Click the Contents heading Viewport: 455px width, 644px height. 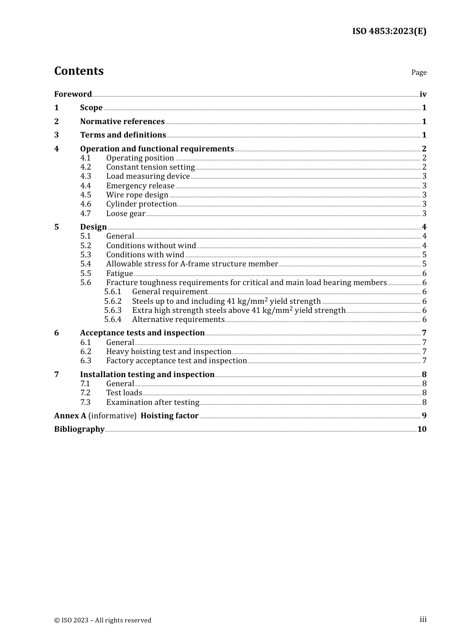pos(79,71)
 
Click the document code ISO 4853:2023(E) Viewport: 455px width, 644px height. pos(389,31)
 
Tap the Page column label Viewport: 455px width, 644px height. pos(419,72)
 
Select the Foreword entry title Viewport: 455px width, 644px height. pos(73,94)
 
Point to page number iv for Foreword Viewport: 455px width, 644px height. pos(423,94)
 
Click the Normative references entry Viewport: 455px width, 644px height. pos(122,121)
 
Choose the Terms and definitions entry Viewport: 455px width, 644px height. pos(123,135)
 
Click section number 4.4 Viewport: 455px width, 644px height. pos(85,185)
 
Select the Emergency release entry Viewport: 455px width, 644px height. pos(140,185)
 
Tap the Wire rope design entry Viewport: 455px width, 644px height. pos(137,195)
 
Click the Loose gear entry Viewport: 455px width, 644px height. pos(125,214)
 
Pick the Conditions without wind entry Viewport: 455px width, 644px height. pos(151,245)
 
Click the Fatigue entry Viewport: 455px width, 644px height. pos(119,274)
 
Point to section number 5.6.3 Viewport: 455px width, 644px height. pos(113,310)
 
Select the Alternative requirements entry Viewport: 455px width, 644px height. pos(178,320)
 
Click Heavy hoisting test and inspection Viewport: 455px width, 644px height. pos(169,352)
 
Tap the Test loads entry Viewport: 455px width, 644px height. pos(124,393)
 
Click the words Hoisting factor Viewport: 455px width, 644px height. pos(169,416)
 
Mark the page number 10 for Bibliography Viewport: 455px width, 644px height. pos(421,429)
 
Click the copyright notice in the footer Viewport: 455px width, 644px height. pos(102,620)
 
